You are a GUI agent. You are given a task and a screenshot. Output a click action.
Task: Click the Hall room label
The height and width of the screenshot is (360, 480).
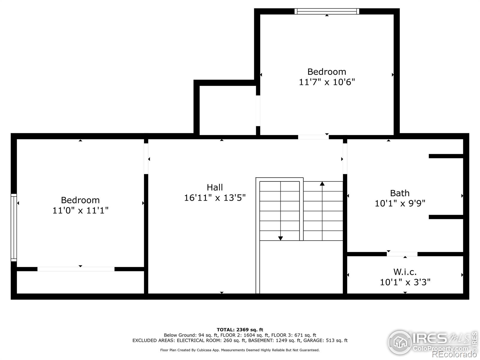coord(215,187)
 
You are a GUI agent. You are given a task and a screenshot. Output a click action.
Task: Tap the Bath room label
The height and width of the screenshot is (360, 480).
coord(400,193)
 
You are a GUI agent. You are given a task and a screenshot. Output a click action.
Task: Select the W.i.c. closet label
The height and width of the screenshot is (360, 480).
coord(405,272)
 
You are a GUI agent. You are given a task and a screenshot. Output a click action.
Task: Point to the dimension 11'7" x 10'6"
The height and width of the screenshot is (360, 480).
coord(327,82)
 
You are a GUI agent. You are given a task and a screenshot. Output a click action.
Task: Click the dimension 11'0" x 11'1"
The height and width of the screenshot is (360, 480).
coord(80,210)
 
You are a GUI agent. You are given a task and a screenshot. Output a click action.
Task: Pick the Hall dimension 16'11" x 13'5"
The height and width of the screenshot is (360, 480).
coord(215,198)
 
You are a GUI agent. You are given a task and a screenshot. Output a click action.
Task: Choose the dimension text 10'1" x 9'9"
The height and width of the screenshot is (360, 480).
coord(400,203)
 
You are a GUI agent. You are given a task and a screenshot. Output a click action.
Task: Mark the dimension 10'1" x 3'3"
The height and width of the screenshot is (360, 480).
coord(405,282)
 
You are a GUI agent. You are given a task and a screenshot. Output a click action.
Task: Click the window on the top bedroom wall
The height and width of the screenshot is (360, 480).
coord(327,11)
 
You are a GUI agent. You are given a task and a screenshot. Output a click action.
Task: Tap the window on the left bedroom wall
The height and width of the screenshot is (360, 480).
coord(14,227)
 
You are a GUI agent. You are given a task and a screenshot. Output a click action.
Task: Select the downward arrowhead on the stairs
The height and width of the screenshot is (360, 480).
coord(280,238)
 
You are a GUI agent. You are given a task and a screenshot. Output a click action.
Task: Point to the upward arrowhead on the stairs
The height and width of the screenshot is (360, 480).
coord(322,183)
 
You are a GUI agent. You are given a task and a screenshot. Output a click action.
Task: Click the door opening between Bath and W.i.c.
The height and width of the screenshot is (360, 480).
coord(402,254)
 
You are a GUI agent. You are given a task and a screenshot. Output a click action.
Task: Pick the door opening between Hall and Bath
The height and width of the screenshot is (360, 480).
coord(345,159)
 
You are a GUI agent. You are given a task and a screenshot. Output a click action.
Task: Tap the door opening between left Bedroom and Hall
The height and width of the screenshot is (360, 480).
coord(146,159)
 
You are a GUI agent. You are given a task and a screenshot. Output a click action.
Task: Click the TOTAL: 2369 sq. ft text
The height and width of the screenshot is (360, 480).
coord(240,330)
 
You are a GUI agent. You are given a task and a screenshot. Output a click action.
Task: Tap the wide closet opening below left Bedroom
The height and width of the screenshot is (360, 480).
coord(76,269)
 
